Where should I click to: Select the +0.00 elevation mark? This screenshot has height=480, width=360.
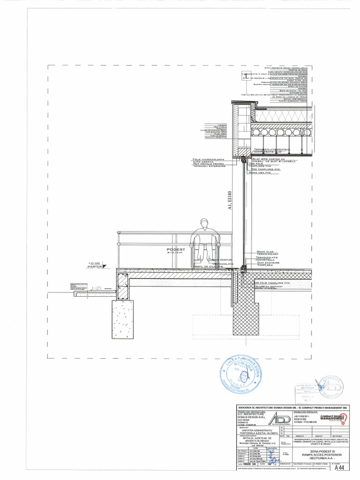[94, 263]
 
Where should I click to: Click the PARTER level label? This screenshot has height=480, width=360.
[94, 267]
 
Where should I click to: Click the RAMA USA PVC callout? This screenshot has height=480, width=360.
[261, 172]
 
